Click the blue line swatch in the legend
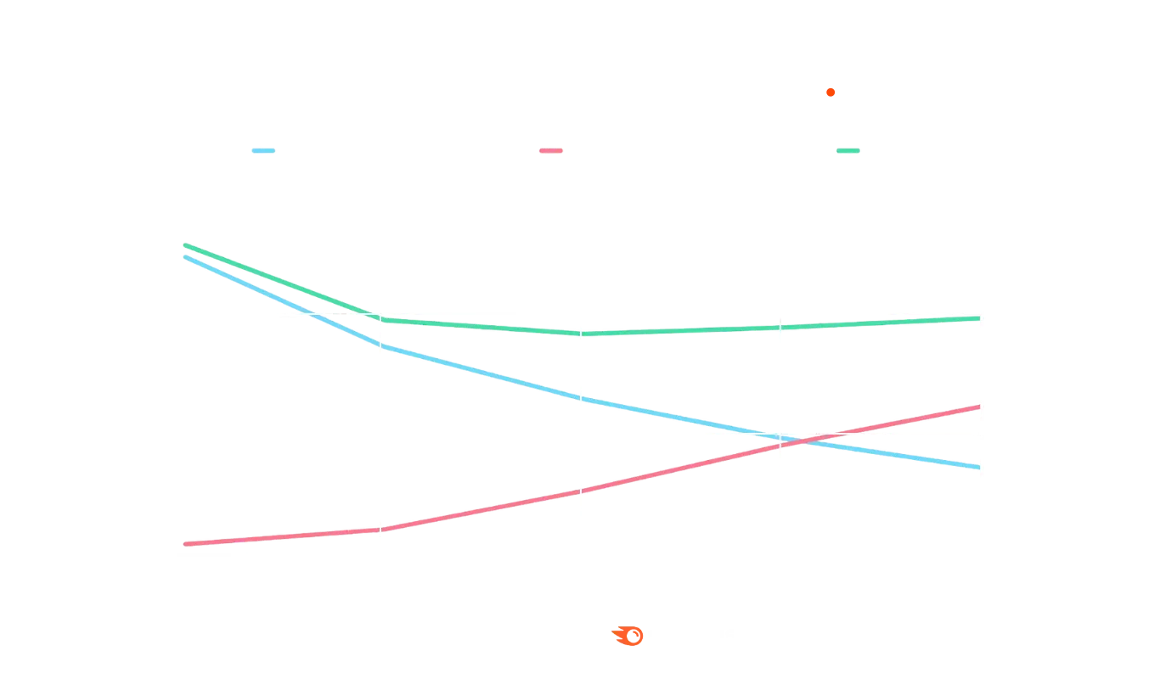(x=262, y=151)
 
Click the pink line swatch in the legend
(x=552, y=151)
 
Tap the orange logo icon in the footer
(x=629, y=636)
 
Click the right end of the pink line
(x=978, y=407)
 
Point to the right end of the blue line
(x=978, y=468)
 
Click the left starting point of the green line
(x=182, y=244)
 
